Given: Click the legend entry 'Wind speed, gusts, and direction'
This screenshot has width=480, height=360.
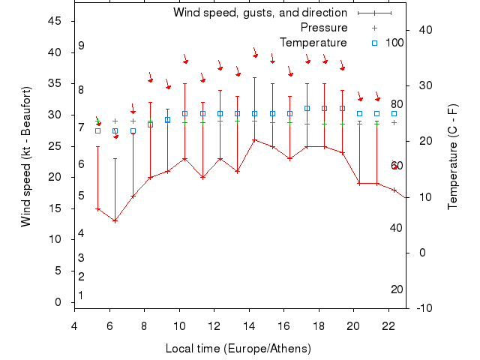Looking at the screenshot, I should [x=260, y=13].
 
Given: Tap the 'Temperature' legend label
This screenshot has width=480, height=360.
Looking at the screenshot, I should [x=313, y=43].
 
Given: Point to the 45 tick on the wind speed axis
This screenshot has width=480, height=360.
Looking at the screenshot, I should [x=55, y=21].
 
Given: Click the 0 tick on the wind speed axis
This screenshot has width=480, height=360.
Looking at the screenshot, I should [x=58, y=302].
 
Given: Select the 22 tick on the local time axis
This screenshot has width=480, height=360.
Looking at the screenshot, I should [x=388, y=325].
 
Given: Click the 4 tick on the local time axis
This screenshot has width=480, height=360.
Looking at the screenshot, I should [x=74, y=325].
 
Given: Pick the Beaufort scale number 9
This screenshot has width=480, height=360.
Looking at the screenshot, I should [x=81, y=46].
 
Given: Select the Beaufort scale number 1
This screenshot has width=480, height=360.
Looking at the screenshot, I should [x=80, y=295].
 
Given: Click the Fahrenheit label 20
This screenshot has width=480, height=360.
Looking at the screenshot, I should [x=397, y=289].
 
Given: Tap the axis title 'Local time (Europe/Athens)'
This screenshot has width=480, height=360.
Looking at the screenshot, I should [x=238, y=349].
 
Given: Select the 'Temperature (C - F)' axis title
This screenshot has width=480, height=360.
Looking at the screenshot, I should [x=452, y=155].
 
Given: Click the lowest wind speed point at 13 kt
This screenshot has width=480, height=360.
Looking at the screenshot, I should [x=115, y=220].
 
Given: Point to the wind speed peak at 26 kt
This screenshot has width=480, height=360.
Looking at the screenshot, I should [x=254, y=139].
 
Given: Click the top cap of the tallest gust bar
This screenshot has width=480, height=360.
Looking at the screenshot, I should [x=254, y=77].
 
